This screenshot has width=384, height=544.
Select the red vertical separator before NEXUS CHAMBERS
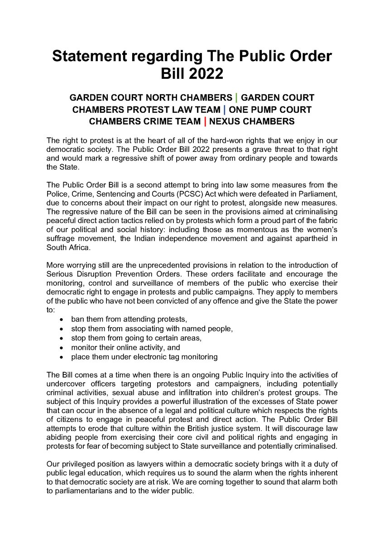point(206,121)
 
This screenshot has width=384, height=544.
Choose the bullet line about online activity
point(125,348)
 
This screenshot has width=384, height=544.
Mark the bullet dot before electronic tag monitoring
point(62,357)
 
